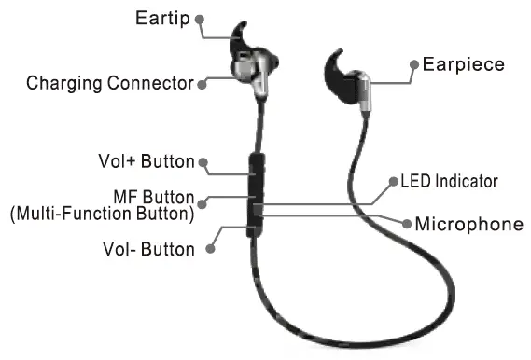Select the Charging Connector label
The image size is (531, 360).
point(109,83)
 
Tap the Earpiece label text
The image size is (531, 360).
point(463,65)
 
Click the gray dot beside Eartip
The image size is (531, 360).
point(200,21)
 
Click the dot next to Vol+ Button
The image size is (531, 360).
point(203,162)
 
